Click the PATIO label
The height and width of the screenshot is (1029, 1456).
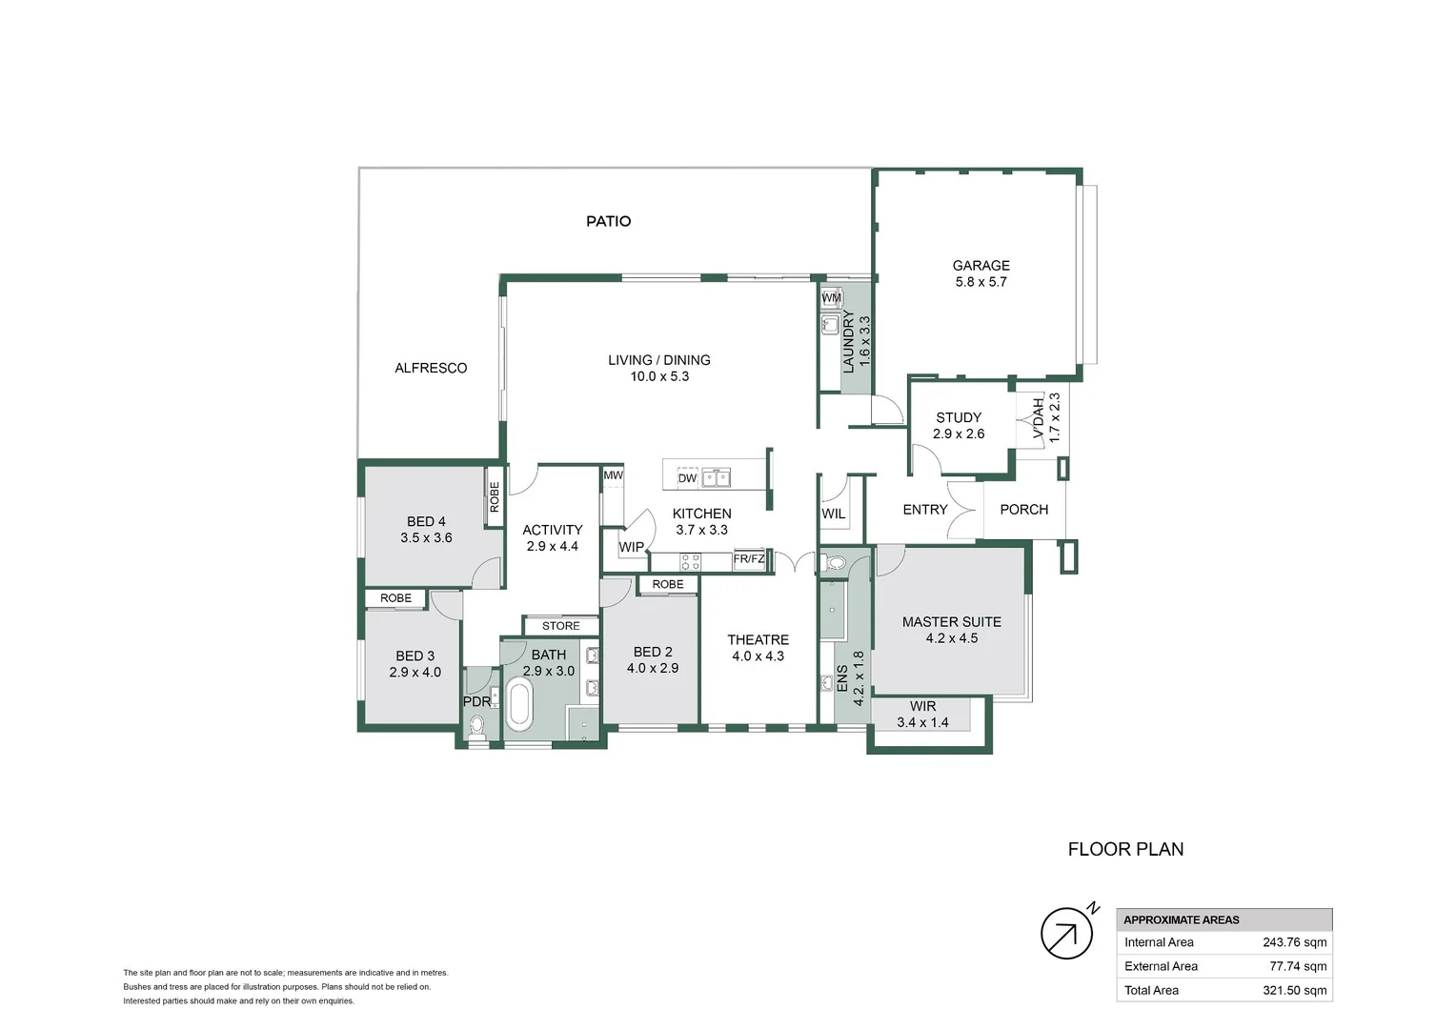click(x=608, y=221)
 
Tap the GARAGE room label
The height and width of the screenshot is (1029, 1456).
click(x=981, y=266)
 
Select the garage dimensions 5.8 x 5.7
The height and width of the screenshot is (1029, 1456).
click(x=981, y=282)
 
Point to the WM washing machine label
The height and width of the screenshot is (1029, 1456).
click(x=831, y=298)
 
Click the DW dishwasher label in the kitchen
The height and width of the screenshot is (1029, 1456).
click(x=687, y=478)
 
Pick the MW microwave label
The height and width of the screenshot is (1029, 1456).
click(x=613, y=475)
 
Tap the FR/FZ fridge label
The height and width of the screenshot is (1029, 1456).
click(x=749, y=559)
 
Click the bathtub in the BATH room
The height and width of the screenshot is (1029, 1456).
click(x=519, y=704)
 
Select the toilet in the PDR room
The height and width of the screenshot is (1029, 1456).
click(x=476, y=728)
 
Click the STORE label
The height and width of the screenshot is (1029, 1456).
click(x=560, y=626)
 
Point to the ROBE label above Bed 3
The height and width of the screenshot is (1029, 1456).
click(x=395, y=598)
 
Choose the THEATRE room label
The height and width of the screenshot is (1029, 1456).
click(x=758, y=640)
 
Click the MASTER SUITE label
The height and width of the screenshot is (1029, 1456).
click(x=951, y=622)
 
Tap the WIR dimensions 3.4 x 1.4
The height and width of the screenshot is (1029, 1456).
click(x=922, y=723)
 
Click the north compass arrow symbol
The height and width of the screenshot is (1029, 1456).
click(x=1066, y=933)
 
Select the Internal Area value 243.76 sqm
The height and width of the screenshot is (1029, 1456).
click(x=1294, y=942)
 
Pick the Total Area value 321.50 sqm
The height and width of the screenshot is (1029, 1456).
click(x=1294, y=990)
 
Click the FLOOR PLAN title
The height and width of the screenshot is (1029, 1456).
click(x=1125, y=849)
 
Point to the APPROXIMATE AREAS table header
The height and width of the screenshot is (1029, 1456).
click(x=1181, y=919)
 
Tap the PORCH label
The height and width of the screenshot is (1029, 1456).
click(x=1023, y=510)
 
